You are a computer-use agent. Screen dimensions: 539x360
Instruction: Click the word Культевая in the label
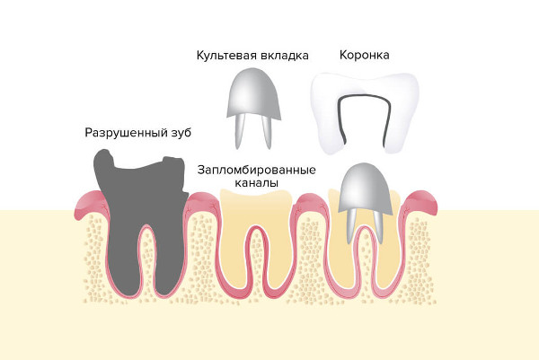pos(226,56)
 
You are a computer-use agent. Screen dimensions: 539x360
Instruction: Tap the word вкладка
pos(284,56)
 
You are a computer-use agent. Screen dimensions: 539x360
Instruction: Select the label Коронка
pos(365,55)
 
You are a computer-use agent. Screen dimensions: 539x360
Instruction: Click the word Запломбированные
pos(256,170)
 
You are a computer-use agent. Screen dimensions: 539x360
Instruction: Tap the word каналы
pos(256,183)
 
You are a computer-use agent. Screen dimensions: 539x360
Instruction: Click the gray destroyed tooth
pos(141,220)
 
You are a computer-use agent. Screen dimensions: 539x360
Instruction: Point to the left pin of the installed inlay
pos(351,225)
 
